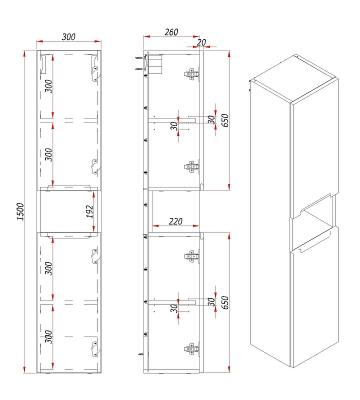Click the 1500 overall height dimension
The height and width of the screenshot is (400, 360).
(20, 211)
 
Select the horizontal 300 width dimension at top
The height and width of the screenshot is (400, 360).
(68, 36)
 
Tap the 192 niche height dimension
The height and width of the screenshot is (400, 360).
(90, 211)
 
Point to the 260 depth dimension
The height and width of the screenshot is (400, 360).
(171, 32)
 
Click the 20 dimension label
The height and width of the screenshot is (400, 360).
(201, 42)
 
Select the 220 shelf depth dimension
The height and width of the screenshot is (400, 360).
(176, 221)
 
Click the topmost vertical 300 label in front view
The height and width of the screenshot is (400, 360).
(48, 86)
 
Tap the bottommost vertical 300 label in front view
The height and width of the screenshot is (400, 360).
(48, 337)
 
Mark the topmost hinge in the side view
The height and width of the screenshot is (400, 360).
(192, 74)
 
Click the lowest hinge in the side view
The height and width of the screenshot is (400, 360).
(192, 349)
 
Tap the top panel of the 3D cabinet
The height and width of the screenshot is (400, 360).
(295, 79)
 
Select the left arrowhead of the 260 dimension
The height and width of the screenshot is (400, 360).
(147, 36)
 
